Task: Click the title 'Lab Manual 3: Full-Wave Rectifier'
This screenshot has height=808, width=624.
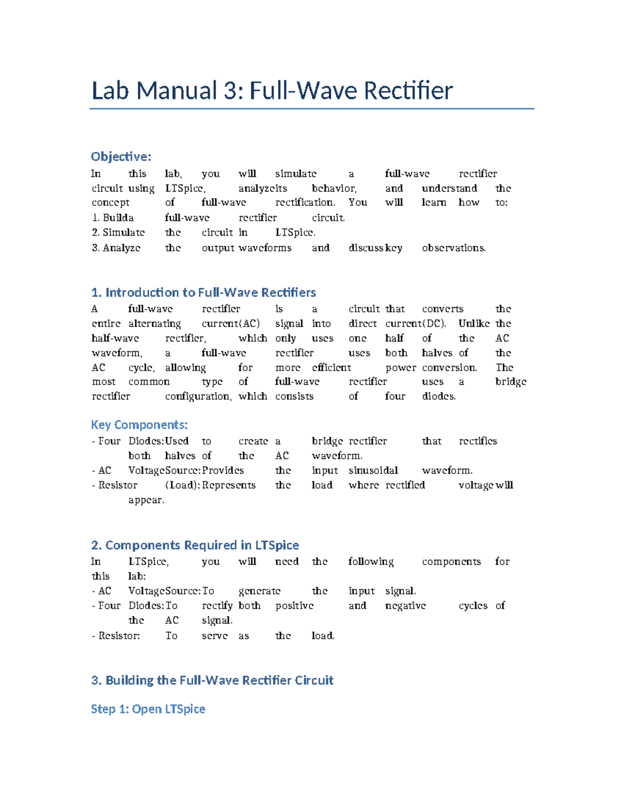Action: (272, 91)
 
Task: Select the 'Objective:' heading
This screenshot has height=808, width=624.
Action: (121, 157)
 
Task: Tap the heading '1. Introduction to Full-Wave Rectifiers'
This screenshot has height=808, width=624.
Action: (203, 292)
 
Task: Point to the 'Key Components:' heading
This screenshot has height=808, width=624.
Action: (139, 425)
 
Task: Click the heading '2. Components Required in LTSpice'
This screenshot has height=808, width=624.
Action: (195, 545)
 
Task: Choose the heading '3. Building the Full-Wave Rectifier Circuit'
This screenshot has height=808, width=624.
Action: (212, 680)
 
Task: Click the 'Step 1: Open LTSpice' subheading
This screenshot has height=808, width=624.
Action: (148, 709)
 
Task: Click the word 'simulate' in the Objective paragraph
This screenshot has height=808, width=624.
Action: (295, 174)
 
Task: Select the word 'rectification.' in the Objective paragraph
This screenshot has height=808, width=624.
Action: (305, 202)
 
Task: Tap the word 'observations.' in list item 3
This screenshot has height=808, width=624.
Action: (454, 248)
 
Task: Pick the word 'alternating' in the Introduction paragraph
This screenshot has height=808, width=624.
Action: (154, 324)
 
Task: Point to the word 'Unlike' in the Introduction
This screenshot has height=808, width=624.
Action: (474, 324)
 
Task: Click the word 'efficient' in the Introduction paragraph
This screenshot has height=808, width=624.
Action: (331, 367)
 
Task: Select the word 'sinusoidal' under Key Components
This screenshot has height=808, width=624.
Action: (373, 470)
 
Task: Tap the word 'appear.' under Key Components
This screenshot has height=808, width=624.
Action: (146, 500)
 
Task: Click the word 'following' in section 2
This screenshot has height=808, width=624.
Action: (371, 561)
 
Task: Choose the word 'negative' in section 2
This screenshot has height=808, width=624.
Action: (405, 606)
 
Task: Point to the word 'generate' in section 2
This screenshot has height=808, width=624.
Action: (259, 591)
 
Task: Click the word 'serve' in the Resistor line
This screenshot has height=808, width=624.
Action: (215, 636)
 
